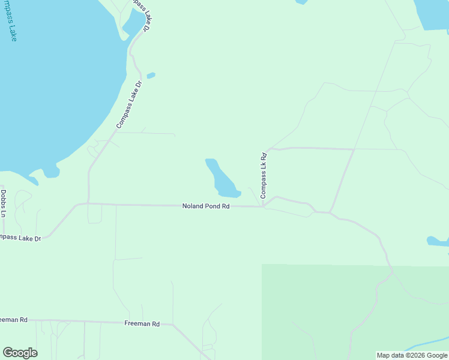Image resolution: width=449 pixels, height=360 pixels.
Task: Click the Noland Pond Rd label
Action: pyautogui.click(x=206, y=206)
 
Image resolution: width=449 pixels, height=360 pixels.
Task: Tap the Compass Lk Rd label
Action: pyautogui.click(x=263, y=176)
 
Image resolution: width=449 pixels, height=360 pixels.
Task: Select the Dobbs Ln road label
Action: pyautogui.click(x=3, y=204)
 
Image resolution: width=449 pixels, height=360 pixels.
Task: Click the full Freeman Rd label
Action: pyautogui.click(x=142, y=324)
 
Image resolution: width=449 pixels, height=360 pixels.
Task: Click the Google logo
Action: pyautogui.click(x=20, y=353)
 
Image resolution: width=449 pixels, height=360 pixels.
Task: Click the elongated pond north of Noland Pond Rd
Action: pyautogui.click(x=220, y=179)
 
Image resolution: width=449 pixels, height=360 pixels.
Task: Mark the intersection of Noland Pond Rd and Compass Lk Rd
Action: pyautogui.click(x=263, y=207)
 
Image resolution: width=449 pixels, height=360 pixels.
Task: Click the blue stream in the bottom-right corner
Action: pyautogui.click(x=429, y=345)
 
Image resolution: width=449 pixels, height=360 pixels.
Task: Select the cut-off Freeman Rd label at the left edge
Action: pyautogui.click(x=13, y=320)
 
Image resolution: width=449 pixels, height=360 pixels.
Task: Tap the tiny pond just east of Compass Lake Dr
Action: pyautogui.click(x=151, y=76)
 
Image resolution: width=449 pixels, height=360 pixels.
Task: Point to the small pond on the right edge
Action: pyautogui.click(x=437, y=241)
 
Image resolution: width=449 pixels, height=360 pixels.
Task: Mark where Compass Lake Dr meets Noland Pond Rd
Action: pyautogui.click(x=89, y=203)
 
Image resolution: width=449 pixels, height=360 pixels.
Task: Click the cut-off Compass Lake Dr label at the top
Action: pyautogui.click(x=140, y=13)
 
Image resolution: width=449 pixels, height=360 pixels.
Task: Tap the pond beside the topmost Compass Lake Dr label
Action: pyautogui.click(x=133, y=23)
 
